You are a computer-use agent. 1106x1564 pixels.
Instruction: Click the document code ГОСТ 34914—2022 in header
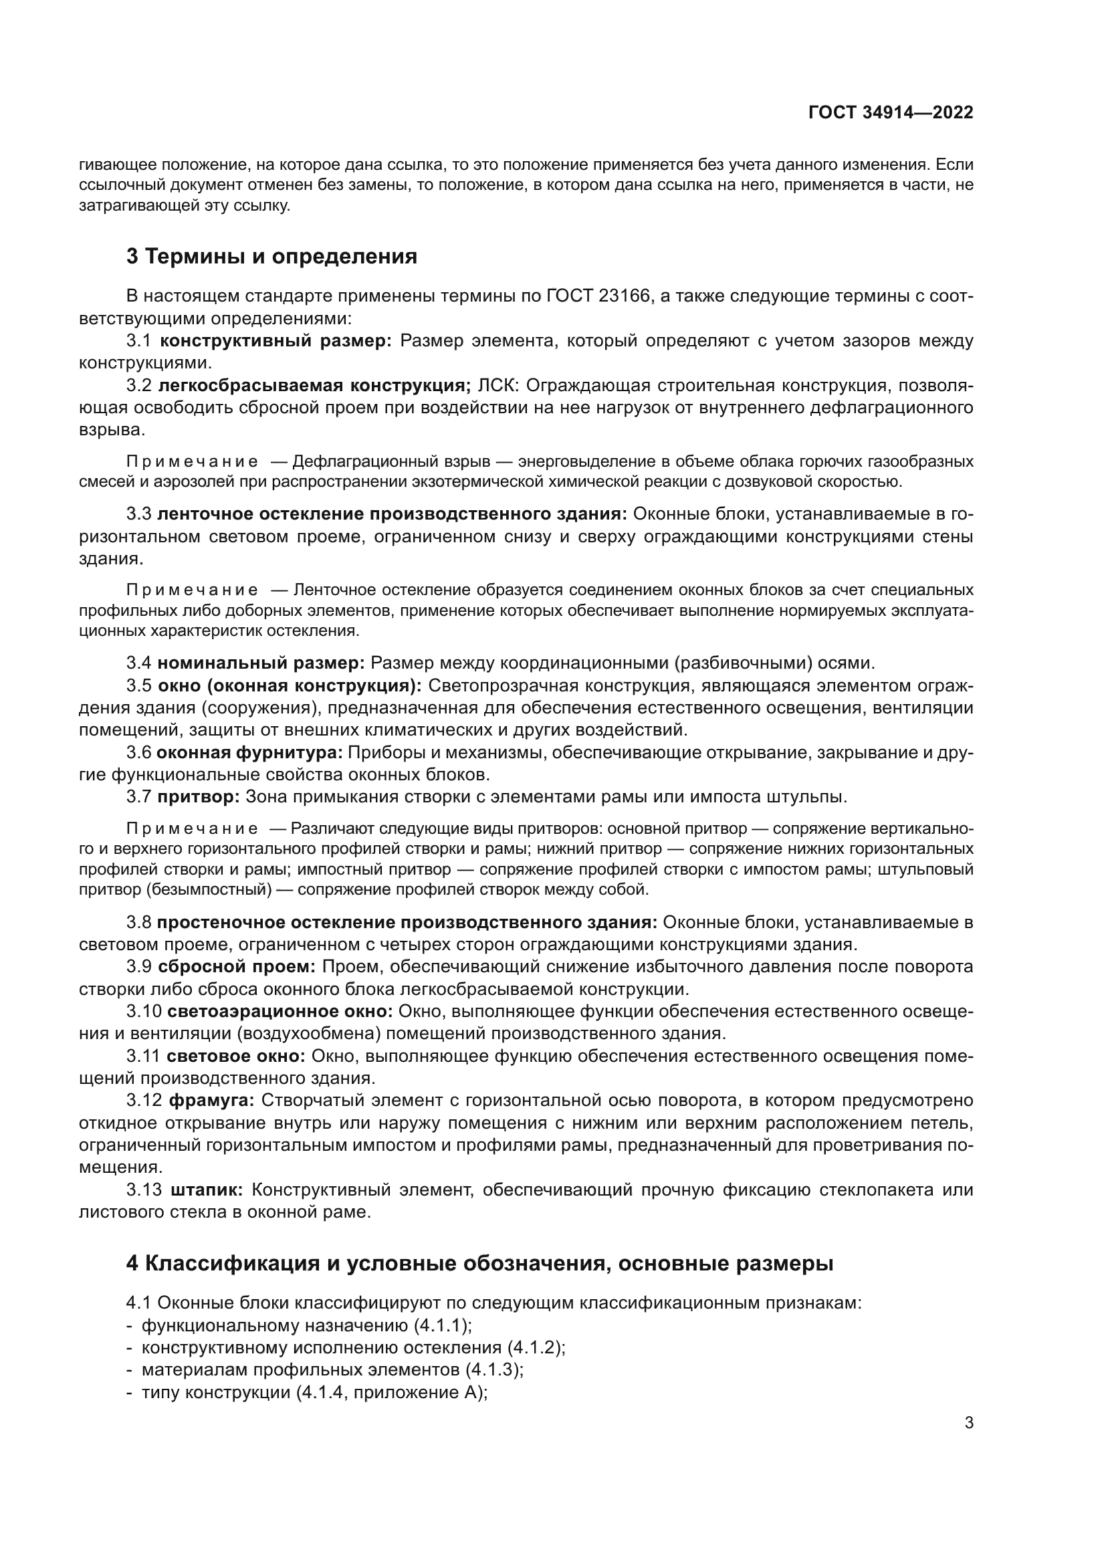[x=891, y=113]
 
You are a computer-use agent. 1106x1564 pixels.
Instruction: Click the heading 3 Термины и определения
[x=271, y=257]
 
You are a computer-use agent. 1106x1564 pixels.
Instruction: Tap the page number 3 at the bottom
[x=968, y=1423]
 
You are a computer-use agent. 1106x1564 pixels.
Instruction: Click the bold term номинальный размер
[x=261, y=663]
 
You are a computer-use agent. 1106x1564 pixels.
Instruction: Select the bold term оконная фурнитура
[x=250, y=753]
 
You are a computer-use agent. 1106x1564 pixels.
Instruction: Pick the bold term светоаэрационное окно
[x=280, y=1012]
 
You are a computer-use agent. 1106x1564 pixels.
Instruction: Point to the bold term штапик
[x=207, y=1190]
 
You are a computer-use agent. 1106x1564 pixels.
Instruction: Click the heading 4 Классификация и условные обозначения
[x=479, y=1264]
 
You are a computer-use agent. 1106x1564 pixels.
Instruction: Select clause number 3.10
[x=144, y=1012]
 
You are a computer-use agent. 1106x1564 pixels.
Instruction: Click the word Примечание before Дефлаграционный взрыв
[x=192, y=462]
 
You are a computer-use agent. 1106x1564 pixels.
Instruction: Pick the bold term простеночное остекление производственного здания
[x=407, y=922]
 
